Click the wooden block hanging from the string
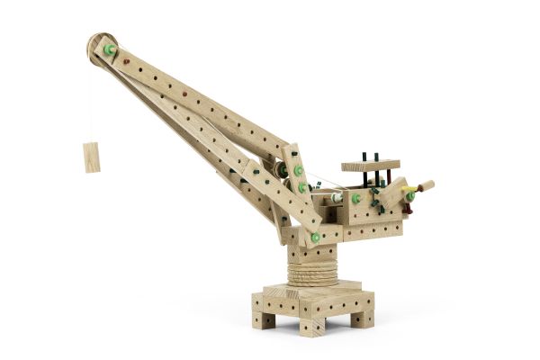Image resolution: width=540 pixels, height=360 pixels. click(92, 157)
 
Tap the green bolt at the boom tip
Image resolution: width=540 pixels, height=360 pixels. click(110, 50)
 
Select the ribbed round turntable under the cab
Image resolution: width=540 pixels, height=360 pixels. click(312, 265)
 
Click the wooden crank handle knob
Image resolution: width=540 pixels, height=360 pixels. click(426, 186)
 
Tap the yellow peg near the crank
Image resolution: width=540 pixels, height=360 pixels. click(406, 191)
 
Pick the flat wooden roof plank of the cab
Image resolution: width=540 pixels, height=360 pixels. click(370, 166)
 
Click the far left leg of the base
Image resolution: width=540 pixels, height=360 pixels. click(264, 317)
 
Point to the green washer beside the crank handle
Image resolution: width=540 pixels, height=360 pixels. click(410, 195)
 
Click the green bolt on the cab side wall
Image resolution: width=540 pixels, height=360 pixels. click(356, 198)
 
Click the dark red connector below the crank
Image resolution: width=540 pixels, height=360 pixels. click(407, 208)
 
